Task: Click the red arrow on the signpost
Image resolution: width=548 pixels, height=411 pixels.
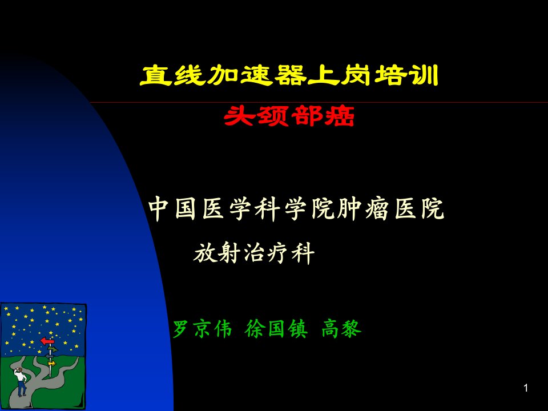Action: click(47, 341)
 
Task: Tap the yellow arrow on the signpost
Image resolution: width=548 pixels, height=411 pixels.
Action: click(52, 364)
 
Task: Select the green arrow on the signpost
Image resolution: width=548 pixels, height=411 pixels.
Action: click(53, 349)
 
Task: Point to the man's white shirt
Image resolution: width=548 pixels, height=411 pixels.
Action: click(21, 376)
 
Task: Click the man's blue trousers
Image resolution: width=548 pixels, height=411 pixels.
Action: click(22, 388)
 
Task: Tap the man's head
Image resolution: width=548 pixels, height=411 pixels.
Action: click(20, 370)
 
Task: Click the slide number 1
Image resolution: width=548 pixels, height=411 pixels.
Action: click(526, 388)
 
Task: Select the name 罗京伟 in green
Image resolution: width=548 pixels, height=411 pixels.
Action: click(202, 329)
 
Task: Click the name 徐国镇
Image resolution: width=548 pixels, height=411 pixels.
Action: click(276, 329)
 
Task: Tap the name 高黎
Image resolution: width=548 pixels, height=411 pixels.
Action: click(341, 329)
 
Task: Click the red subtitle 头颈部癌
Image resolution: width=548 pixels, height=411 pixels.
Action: click(289, 116)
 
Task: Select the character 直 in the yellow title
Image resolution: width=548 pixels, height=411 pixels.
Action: click(156, 75)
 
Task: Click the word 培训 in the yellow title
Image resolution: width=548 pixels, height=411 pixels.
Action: click(406, 75)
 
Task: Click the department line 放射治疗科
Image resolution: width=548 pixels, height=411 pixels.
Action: click(254, 253)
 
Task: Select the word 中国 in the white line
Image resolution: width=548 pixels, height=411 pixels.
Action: click(172, 209)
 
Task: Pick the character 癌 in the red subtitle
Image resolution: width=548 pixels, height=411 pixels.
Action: click(339, 116)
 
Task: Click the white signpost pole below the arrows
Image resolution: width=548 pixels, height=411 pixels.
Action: click(51, 371)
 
